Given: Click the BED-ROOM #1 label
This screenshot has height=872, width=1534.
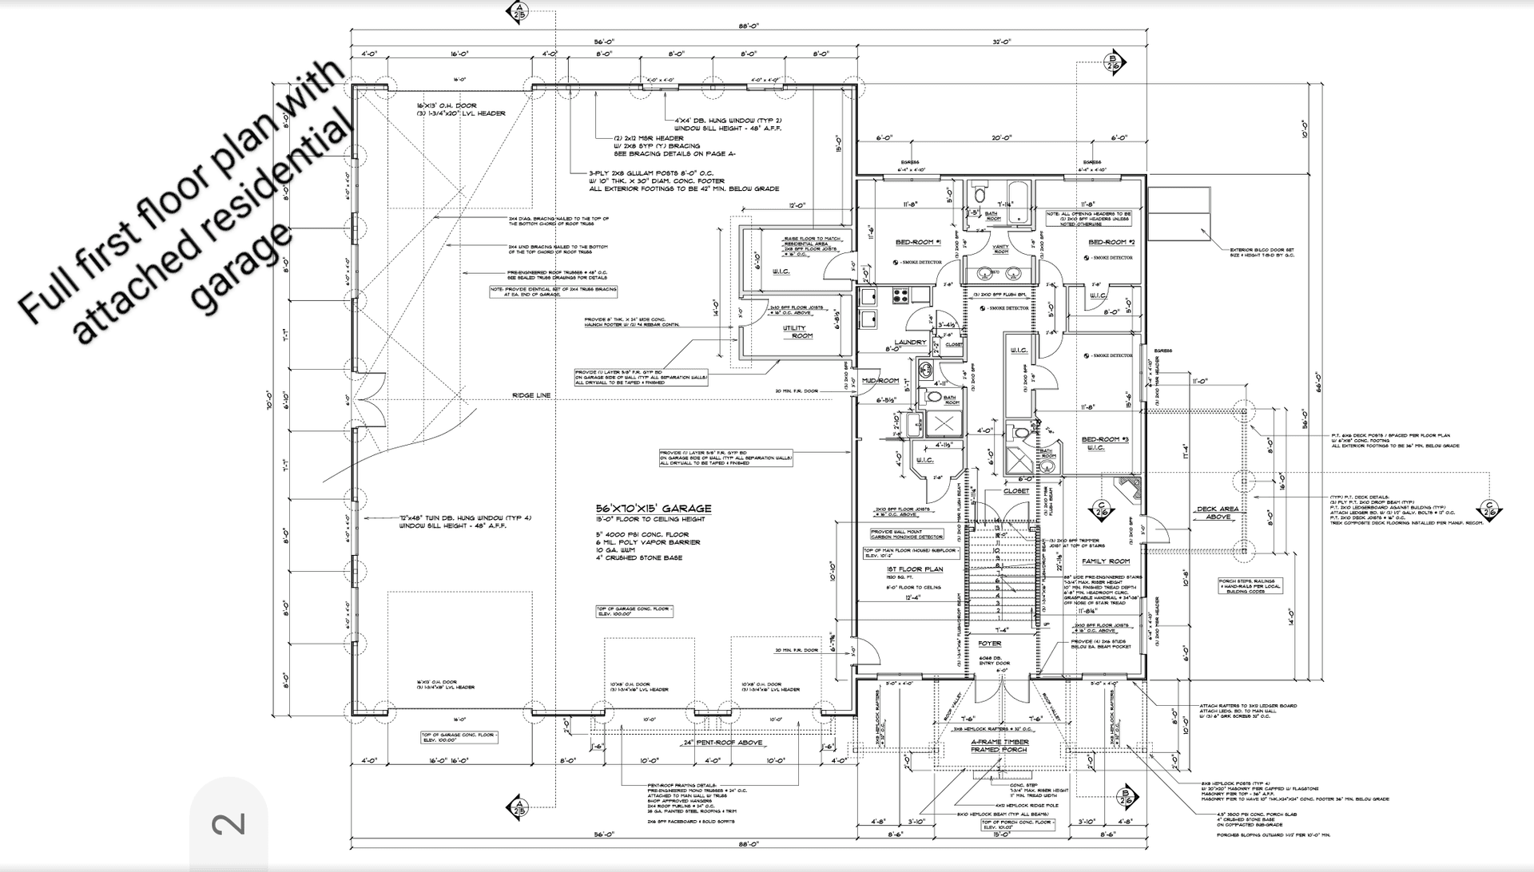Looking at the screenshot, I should pos(919,242).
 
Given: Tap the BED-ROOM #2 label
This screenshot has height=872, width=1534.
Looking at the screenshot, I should pos(1107,242).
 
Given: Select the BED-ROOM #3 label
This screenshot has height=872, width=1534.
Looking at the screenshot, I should pos(1105,440).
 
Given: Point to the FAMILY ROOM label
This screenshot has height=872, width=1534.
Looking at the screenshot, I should pos(1106,561).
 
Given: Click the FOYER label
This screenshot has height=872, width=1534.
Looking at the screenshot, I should pos(989,644).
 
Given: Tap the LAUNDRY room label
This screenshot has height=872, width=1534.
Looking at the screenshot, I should pos(910,343).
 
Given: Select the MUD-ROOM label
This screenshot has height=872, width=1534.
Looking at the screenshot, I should pos(880,381).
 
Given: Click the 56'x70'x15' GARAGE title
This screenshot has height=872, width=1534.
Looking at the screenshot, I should pos(653,509).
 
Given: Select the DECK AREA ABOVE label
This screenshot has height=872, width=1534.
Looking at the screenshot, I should pos(1218,513).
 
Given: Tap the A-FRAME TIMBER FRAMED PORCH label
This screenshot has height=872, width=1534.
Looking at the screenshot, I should pos(999,746).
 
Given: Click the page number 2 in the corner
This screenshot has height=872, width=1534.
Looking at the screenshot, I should pos(229,823).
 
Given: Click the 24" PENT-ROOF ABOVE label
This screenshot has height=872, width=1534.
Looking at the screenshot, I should pos(711,743).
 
